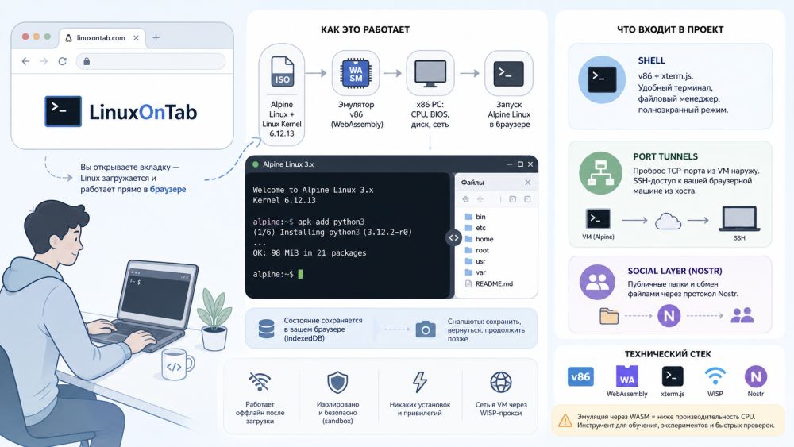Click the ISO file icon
282,72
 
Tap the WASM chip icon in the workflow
356,73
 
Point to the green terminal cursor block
300,274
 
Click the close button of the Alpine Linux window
530,164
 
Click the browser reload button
62,61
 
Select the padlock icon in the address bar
87,61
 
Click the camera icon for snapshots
426,329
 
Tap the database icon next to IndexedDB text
266,329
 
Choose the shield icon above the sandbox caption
337,382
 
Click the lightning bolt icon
420,382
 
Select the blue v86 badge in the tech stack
580,376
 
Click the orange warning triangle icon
565,420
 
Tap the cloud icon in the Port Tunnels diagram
668,222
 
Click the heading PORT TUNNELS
665,156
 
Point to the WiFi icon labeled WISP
715,376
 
